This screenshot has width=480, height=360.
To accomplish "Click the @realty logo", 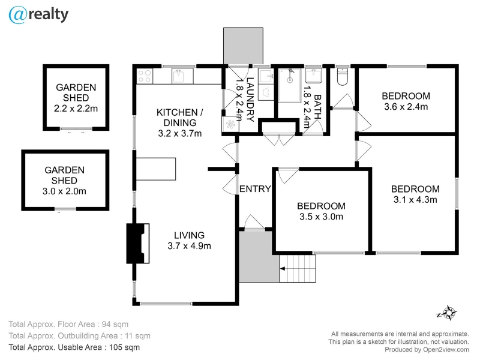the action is tap(38, 15).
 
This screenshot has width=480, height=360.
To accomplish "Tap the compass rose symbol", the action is tap(447, 313).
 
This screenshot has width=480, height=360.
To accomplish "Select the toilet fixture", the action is tap(342, 77).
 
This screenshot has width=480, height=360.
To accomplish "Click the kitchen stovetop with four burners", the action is tap(145, 76).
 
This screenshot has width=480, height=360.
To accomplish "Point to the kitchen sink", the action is tap(178, 76).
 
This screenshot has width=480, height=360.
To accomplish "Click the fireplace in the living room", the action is tap(138, 244).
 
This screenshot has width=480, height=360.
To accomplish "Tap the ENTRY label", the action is tap(255, 189).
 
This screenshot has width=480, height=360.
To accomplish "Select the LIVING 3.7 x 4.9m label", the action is tap(189, 241).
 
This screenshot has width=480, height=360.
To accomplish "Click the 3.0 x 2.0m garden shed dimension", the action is tap(64, 191).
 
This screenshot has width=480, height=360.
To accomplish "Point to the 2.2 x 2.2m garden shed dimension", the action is tap(76, 109).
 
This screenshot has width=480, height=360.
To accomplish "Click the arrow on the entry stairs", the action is tap(283, 269).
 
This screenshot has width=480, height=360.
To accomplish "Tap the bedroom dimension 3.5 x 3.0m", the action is tap(321, 217).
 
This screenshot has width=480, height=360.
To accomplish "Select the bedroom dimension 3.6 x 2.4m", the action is tap(406, 107).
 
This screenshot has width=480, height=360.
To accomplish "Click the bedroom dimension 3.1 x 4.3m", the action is tap(415, 200).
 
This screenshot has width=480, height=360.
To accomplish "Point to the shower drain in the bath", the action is tap(290, 80).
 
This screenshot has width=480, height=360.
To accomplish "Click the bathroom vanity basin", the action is tap(313, 76).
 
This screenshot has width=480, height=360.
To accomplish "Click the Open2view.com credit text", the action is tap(446, 350).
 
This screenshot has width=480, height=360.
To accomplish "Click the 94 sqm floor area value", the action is tap(115, 324).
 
